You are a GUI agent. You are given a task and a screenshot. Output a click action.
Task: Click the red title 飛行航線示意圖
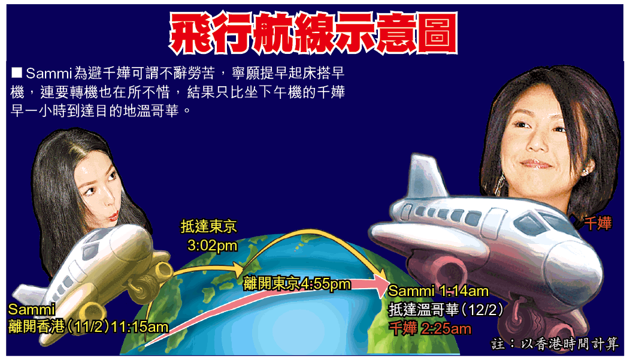pos(313,33)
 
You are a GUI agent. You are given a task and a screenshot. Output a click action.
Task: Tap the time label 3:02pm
pos(212,245)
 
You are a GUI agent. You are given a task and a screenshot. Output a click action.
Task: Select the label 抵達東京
pos(208,226)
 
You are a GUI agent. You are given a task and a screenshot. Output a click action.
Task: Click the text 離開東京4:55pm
pos(297,284)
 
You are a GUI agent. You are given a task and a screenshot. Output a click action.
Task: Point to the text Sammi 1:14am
pos(438,291)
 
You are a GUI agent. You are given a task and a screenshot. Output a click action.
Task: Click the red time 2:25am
pos(446,329)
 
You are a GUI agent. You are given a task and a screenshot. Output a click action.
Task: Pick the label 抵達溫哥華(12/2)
pos(446,310)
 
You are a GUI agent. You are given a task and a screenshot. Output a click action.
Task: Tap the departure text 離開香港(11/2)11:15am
pos(89,326)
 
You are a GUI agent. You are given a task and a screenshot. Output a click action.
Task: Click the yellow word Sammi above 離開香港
pos(31,309)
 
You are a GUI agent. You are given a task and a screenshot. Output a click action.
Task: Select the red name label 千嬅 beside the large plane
pos(598,223)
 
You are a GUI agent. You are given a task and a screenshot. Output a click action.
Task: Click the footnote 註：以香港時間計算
pos(555,344)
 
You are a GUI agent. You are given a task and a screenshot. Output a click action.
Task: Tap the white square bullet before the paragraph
pos(17,72)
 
